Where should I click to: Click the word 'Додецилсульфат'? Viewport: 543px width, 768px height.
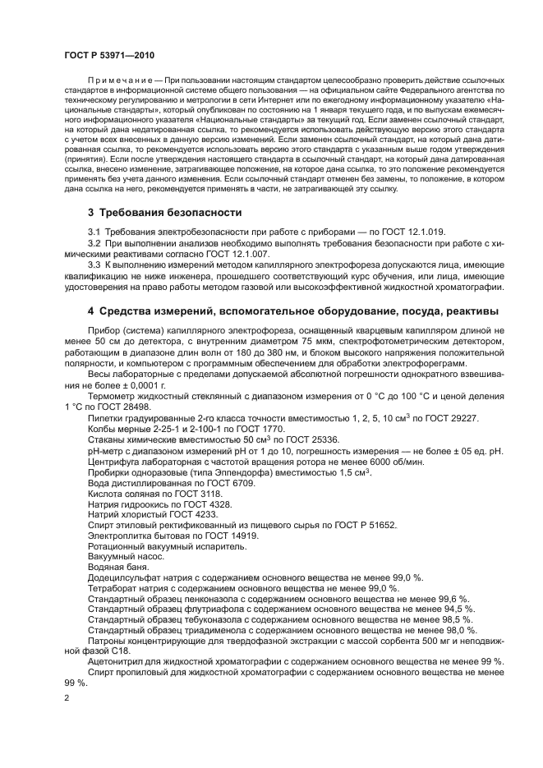[x=125, y=578]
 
